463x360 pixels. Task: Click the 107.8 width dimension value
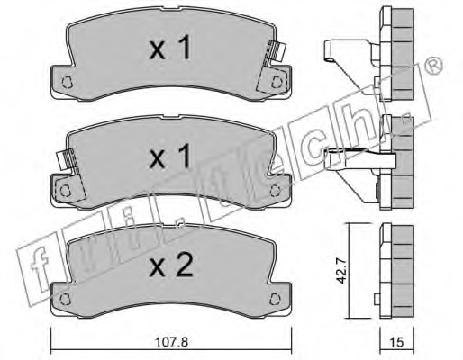pyautogui.click(x=172, y=342)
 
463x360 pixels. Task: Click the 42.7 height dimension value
pyautogui.click(x=341, y=271)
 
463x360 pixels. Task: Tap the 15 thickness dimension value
pyautogui.click(x=397, y=342)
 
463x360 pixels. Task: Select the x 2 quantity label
pyautogui.click(x=171, y=265)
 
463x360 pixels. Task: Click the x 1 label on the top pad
pyautogui.click(x=170, y=48)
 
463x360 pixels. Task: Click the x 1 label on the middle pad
pyautogui.click(x=170, y=156)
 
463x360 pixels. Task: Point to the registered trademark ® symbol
pyautogui.click(x=434, y=67)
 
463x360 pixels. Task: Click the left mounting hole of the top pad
pyautogui.click(x=67, y=82)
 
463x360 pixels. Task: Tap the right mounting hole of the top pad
pyautogui.click(x=277, y=82)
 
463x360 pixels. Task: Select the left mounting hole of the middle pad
pyautogui.click(x=65, y=191)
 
